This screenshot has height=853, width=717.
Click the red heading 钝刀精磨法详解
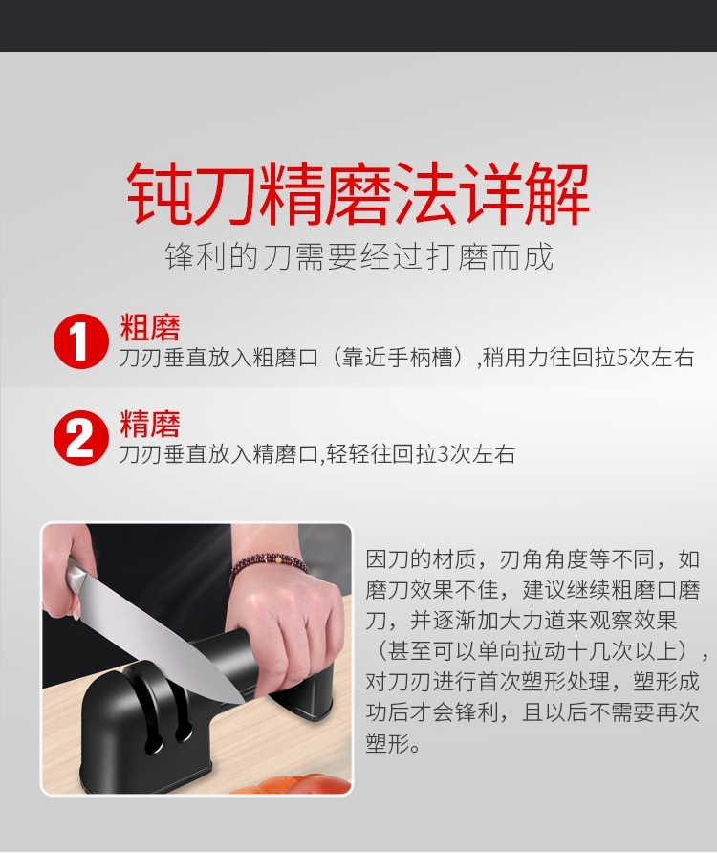(x=358, y=194)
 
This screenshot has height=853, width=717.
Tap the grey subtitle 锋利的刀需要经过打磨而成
(x=359, y=257)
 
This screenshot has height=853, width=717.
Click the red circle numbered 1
(x=80, y=341)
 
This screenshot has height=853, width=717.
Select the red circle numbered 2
(x=80, y=437)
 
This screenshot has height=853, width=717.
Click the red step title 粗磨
(x=150, y=326)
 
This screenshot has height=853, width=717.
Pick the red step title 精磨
(x=150, y=424)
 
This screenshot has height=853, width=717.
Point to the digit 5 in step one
(x=621, y=358)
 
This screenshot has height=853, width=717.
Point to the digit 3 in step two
(x=443, y=453)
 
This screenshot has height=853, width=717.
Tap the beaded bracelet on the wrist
(x=269, y=566)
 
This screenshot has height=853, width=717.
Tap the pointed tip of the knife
(x=245, y=703)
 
